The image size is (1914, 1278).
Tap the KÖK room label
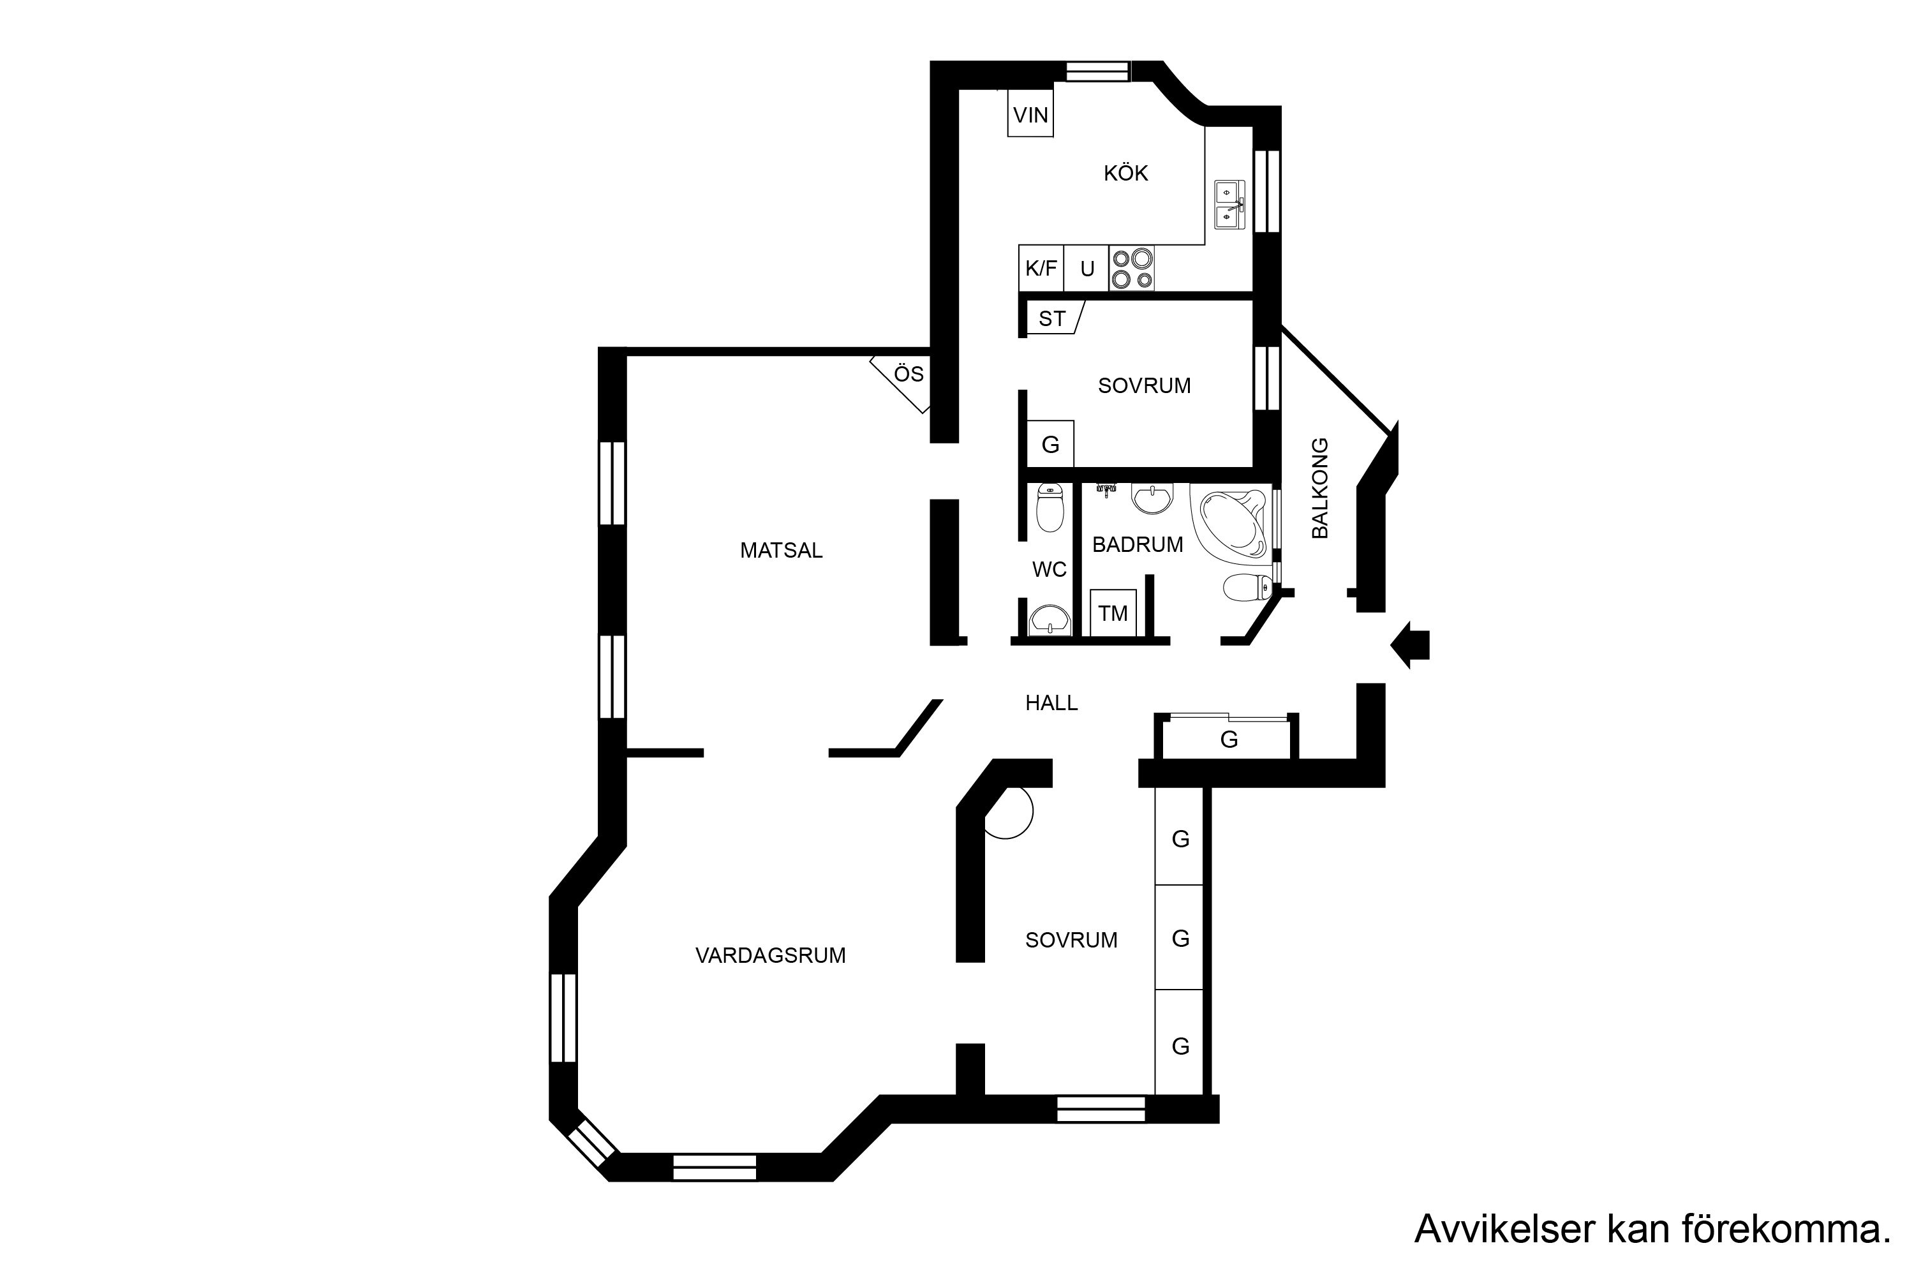[1125, 173]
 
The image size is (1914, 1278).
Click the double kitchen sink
[1229, 205]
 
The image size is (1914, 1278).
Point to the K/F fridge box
[1041, 268]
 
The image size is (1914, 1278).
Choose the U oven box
[1087, 268]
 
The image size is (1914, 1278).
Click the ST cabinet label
[1052, 318]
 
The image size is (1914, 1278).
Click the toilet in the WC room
[1050, 507]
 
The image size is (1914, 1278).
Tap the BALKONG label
[1320, 488]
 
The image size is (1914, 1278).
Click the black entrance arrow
[1409, 644]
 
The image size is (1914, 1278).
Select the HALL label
[1051, 702]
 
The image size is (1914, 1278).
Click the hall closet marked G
[1228, 738]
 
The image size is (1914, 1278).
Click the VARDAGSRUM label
[770, 955]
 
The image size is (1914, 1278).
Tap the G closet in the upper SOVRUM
[1050, 444]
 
